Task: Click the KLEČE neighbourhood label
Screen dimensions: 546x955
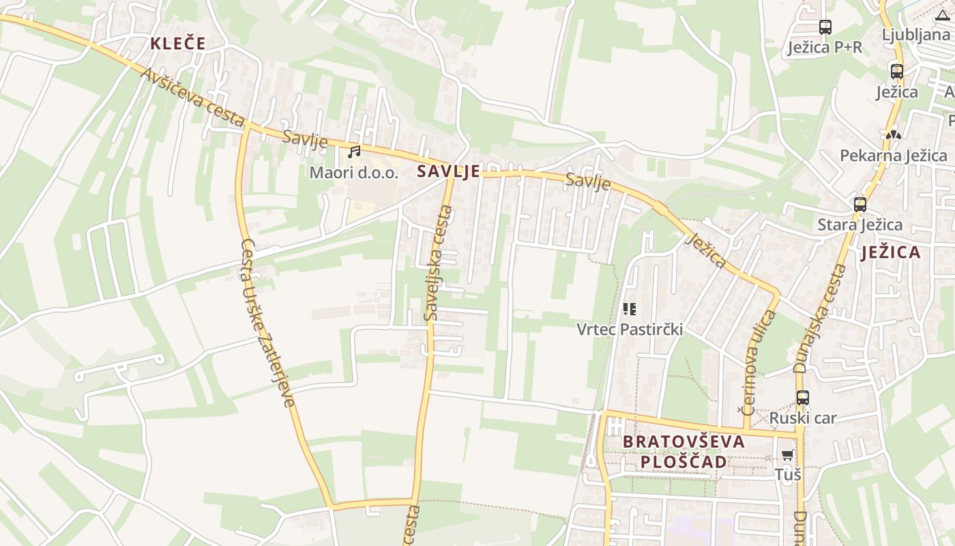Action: [x=177, y=44]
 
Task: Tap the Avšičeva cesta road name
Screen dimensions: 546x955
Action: [x=193, y=98]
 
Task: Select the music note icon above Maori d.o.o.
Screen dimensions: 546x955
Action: [x=354, y=152]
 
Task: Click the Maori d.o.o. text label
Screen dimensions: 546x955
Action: [x=353, y=172]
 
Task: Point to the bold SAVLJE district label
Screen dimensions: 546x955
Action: [x=448, y=171]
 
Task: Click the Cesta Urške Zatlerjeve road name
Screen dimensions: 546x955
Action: [x=268, y=323]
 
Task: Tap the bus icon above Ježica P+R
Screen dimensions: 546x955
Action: [x=825, y=27]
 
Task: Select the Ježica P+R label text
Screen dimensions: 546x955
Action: [x=824, y=48]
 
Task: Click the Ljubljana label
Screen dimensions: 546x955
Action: [x=915, y=34]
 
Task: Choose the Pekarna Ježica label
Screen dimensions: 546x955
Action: [x=893, y=156]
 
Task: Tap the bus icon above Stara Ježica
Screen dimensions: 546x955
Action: [x=859, y=204]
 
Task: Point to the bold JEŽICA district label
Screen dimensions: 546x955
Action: [x=890, y=253]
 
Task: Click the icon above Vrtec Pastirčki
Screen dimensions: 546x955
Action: [x=629, y=309]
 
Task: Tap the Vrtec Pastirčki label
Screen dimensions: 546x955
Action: [x=629, y=330]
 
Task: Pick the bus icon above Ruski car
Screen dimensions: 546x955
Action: [x=802, y=397]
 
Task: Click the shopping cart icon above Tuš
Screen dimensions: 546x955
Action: [x=787, y=455]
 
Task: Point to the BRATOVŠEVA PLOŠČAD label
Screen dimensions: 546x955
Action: [x=684, y=451]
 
